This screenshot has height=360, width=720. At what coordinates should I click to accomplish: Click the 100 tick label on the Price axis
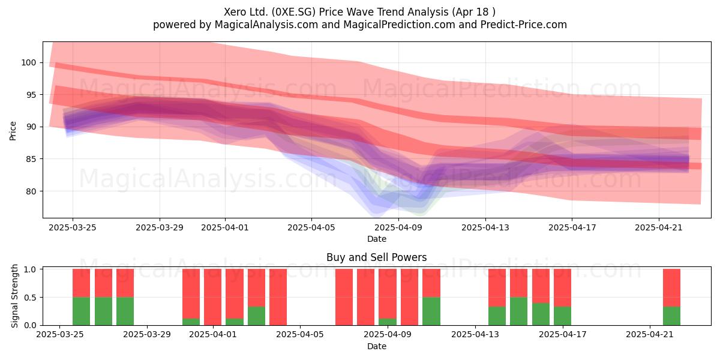[x=28, y=62]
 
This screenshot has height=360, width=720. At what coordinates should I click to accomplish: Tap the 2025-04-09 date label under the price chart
[x=398, y=227]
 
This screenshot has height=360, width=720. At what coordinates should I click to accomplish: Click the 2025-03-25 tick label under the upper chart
[x=73, y=227]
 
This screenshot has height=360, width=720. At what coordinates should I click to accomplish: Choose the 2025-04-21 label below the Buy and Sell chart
[x=650, y=335]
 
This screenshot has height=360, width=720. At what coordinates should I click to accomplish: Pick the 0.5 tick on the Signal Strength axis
[x=31, y=298]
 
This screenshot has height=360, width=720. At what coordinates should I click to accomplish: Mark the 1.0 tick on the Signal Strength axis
[x=31, y=269]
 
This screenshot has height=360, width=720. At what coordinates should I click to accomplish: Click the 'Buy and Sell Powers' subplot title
[x=376, y=257]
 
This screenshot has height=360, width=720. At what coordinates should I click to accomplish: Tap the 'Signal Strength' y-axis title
[x=14, y=296]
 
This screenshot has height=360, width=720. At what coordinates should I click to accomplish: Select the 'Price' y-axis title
[x=13, y=131]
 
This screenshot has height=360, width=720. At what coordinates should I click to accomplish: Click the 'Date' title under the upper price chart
[x=377, y=239]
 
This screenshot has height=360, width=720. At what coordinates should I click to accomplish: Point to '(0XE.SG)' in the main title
[x=293, y=12]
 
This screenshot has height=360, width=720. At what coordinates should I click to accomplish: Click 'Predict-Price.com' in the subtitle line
[x=524, y=25]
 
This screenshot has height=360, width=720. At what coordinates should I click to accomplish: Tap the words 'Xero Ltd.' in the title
[x=246, y=12]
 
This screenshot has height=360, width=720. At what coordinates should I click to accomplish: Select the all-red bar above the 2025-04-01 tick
[x=213, y=297]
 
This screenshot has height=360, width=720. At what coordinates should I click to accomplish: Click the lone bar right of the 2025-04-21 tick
[x=671, y=297]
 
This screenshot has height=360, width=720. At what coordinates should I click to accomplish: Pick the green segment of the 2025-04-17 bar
[x=563, y=316]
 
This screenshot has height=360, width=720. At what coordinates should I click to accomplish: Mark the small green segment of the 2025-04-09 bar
[x=388, y=322]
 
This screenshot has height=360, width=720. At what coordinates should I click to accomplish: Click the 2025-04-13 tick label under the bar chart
[x=475, y=335]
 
